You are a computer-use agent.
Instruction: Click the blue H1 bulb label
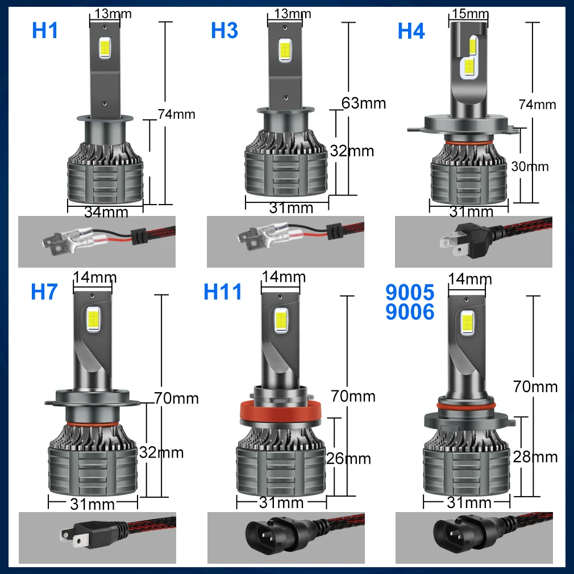(x=45, y=31)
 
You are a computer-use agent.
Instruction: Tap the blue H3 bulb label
(x=224, y=31)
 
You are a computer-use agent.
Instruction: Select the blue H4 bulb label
(x=411, y=31)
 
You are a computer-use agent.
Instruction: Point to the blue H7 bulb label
(x=44, y=292)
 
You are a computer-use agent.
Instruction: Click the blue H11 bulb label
(x=223, y=292)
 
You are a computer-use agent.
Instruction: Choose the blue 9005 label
(x=409, y=292)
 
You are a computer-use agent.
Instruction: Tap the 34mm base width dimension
(x=106, y=213)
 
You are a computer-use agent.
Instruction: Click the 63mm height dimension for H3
(x=364, y=103)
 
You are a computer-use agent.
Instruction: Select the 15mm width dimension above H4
(x=469, y=13)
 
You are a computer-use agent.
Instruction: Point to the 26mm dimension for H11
(x=348, y=458)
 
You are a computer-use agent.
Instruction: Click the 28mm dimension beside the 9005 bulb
(x=535, y=456)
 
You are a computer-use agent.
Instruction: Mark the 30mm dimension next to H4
(x=530, y=167)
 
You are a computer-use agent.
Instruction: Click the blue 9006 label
(x=409, y=311)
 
